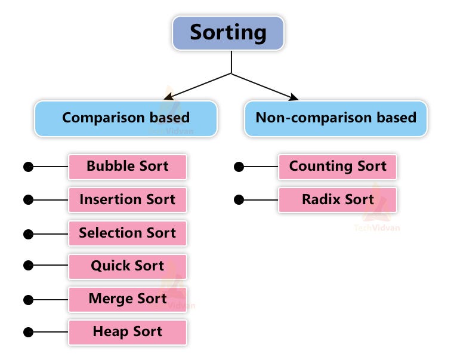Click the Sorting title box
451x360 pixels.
coord(228,33)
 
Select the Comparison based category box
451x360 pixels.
coord(126,118)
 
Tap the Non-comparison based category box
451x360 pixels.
coord(336,118)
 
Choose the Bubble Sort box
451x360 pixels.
coord(128,167)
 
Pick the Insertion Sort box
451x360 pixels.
coord(128,200)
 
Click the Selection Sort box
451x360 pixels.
coord(128,233)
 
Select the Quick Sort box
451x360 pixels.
coord(128,266)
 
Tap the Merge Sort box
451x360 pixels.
coord(128,299)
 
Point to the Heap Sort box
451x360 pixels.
coord(128,332)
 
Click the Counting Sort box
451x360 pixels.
coord(338,167)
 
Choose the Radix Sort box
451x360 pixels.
coord(338,200)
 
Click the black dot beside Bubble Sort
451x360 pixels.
coord(28,167)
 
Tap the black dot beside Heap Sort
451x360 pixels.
coord(28,332)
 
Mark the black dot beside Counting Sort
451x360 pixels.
coord(239,167)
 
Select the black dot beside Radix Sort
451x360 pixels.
coord(239,200)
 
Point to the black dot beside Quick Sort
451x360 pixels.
coord(28,266)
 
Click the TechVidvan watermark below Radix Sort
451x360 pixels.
coord(376,227)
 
